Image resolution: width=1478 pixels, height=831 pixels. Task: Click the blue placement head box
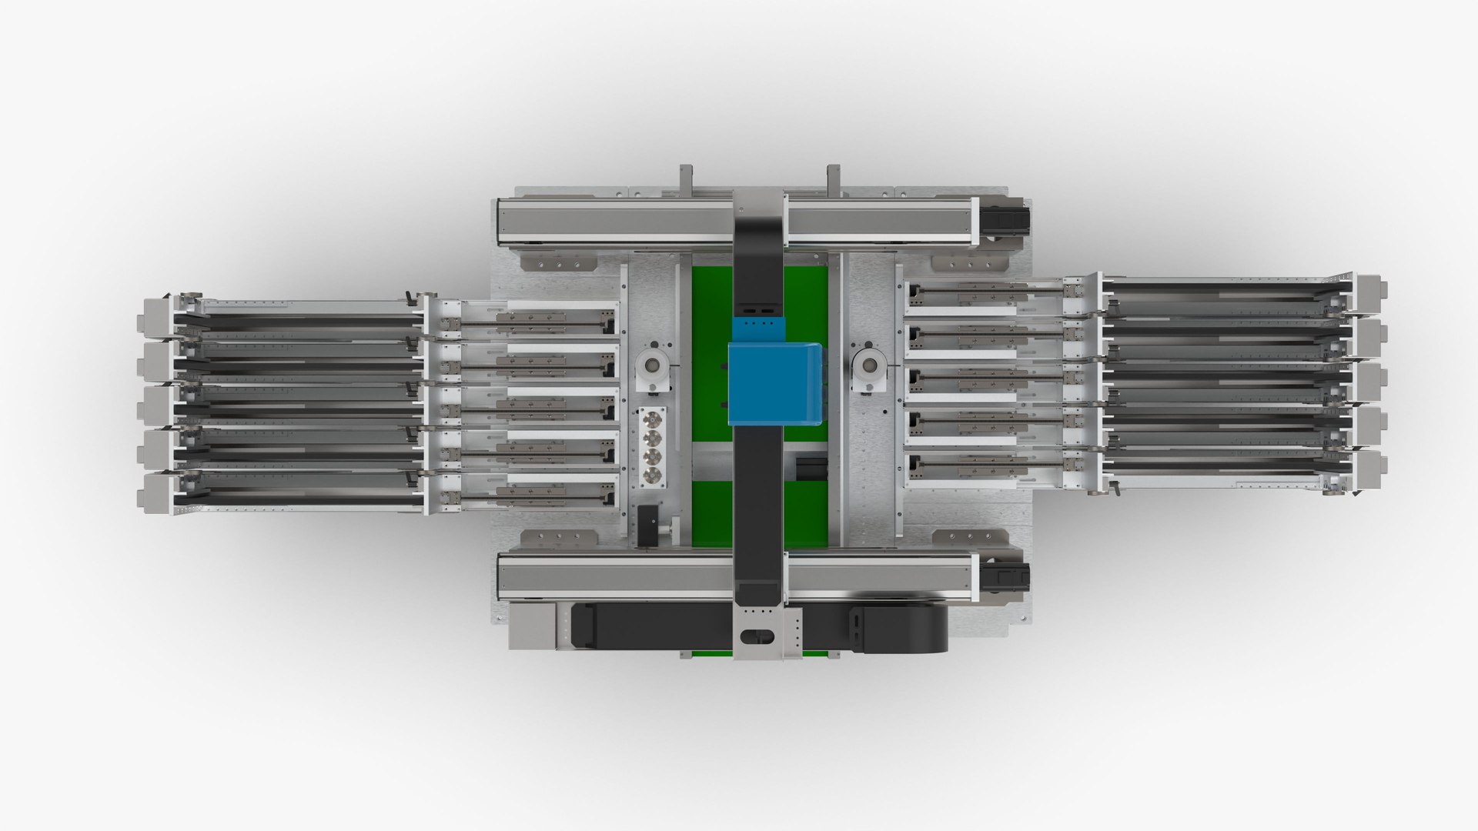click(x=775, y=383)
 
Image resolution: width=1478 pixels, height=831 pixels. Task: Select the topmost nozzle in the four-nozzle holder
click(x=653, y=419)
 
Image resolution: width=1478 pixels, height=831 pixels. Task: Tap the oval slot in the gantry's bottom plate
click(x=759, y=635)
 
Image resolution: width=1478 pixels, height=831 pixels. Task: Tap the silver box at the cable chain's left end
click(x=533, y=625)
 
